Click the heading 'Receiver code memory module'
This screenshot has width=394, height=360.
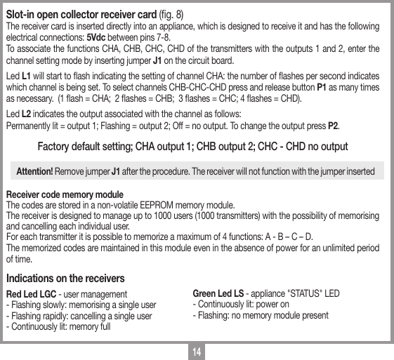pos(65,194)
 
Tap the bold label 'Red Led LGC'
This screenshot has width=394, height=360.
pos(31,294)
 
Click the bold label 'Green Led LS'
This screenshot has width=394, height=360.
pos(218,293)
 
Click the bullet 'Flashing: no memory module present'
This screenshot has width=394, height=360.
pos(260,316)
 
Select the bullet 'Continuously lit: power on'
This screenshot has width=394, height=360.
pos(240,305)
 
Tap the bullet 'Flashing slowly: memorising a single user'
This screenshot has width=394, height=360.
pos(81,305)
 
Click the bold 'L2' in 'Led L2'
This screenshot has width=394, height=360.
pos(25,114)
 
